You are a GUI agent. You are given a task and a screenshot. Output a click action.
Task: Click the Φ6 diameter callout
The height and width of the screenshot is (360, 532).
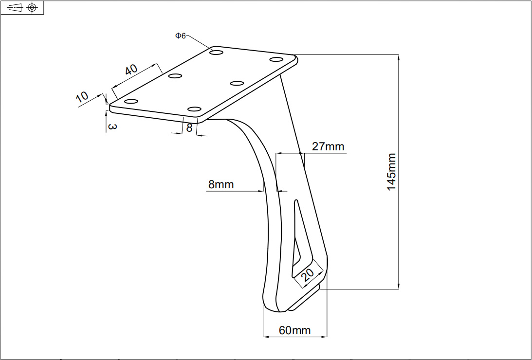click(180, 36)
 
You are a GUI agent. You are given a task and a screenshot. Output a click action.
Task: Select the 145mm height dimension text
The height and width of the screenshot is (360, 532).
click(392, 172)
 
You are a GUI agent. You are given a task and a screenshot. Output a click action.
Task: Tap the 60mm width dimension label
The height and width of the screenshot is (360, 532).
click(294, 330)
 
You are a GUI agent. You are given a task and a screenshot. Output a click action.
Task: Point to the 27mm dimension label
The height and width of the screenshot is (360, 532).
click(328, 146)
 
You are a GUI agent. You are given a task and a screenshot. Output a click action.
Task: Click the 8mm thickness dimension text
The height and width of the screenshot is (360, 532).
click(221, 184)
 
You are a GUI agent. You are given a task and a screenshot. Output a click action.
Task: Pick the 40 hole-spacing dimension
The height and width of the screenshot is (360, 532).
click(131, 70)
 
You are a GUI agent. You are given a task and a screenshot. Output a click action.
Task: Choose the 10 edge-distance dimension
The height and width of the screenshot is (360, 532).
click(82, 96)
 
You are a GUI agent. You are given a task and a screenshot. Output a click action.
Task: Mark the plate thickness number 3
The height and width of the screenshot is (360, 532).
click(112, 126)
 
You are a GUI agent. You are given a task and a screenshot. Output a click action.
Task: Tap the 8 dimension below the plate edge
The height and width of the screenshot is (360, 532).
click(189, 128)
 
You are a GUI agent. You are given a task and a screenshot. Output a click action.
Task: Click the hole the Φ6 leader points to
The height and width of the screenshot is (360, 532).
click(217, 51)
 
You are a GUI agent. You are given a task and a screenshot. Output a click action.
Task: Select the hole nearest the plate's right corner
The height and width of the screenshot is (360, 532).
click(276, 59)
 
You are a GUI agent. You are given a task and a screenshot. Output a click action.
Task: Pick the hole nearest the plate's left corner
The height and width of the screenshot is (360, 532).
click(131, 101)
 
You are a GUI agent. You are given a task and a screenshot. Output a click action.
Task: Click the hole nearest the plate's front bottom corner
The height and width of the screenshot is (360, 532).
click(194, 108)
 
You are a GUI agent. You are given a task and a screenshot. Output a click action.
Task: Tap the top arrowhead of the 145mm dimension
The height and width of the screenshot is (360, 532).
click(399, 58)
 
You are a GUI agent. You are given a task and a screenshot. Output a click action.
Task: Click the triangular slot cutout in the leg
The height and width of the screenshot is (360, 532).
click(297, 238)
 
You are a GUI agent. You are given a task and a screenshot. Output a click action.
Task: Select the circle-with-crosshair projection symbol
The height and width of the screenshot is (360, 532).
click(32, 7)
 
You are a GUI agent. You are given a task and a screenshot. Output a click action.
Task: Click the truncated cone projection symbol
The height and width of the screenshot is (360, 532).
click(15, 7)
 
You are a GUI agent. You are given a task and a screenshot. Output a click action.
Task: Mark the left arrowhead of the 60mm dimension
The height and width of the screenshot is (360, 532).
click(266, 336)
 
